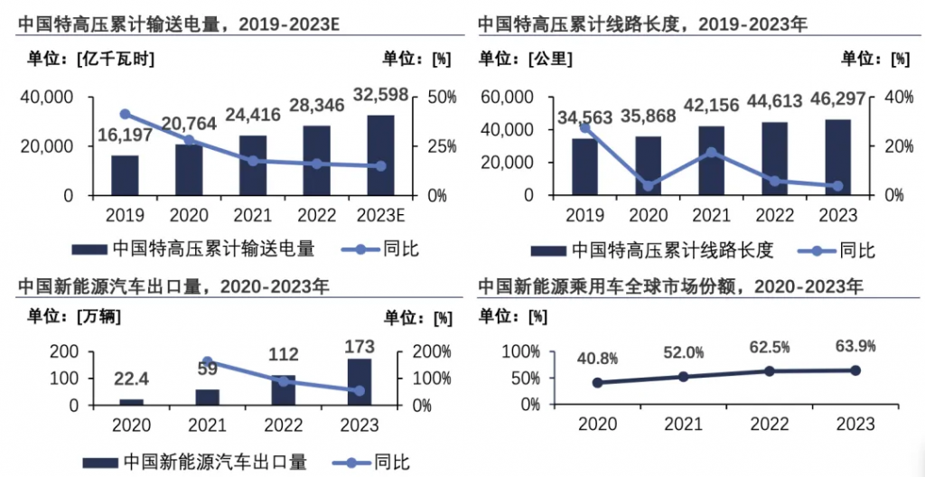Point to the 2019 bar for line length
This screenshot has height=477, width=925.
[584, 166]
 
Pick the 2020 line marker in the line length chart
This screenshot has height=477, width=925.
[648, 186]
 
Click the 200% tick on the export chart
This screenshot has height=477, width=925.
[433, 351]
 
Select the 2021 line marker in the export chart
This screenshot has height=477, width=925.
[207, 361]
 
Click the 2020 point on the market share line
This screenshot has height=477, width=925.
[597, 382]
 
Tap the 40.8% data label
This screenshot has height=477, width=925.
[596, 358]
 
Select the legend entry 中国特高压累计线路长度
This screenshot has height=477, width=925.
[672, 249]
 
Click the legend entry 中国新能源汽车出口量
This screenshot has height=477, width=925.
[214, 462]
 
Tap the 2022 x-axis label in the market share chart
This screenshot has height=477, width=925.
[769, 424]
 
